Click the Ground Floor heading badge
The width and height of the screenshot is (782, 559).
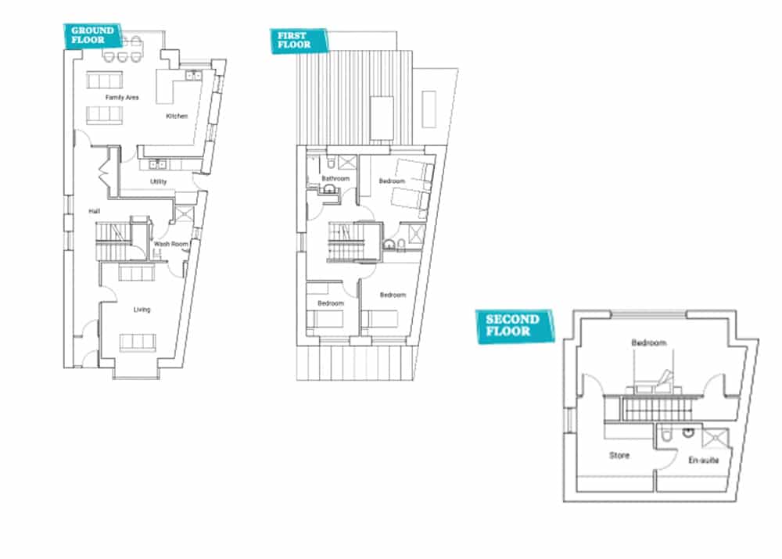click(92, 36)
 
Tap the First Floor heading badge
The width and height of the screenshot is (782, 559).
click(299, 41)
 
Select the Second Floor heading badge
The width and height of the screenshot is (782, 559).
click(515, 325)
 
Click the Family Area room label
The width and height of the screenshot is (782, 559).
click(122, 97)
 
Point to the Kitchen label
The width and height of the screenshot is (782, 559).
click(177, 116)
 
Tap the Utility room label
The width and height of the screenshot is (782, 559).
click(159, 181)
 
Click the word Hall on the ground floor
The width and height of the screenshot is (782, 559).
click(95, 211)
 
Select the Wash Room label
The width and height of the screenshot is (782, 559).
click(171, 244)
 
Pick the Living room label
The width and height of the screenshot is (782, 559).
click(142, 310)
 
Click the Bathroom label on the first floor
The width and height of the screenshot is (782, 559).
click(335, 178)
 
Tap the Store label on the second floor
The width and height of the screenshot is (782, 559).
click(619, 455)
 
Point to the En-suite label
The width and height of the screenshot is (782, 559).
click(704, 460)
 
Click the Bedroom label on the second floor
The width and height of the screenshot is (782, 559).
click(649, 342)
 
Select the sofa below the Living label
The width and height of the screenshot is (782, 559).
click(138, 342)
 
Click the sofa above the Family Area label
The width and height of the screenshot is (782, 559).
click(104, 80)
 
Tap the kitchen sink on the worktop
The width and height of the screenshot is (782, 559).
click(193, 75)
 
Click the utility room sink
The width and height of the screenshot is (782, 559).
click(158, 164)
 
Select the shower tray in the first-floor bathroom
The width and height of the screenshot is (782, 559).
click(348, 163)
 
